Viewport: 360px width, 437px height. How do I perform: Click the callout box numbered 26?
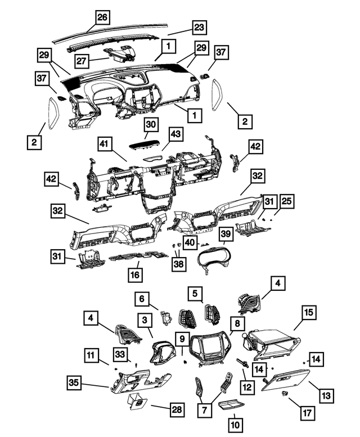coord(102,17)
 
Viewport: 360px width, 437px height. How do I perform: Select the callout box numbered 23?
coord(199,28)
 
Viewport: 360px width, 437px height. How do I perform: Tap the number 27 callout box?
coord(82,61)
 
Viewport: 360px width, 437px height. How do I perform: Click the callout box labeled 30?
coord(151,124)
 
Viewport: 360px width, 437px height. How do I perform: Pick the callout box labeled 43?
coord(175,134)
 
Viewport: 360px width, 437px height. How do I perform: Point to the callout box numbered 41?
coord(105,144)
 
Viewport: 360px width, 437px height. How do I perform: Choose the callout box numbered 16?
coord(135,275)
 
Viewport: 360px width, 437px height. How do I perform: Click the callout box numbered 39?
coord(226,233)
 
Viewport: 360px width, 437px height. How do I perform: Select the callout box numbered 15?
coord(309,312)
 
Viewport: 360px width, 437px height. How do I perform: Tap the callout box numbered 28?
coord(177,409)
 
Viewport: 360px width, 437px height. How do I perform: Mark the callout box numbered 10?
coord(235,425)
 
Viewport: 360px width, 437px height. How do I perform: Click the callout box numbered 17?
coord(307,413)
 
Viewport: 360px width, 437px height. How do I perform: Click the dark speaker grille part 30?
coord(146,145)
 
